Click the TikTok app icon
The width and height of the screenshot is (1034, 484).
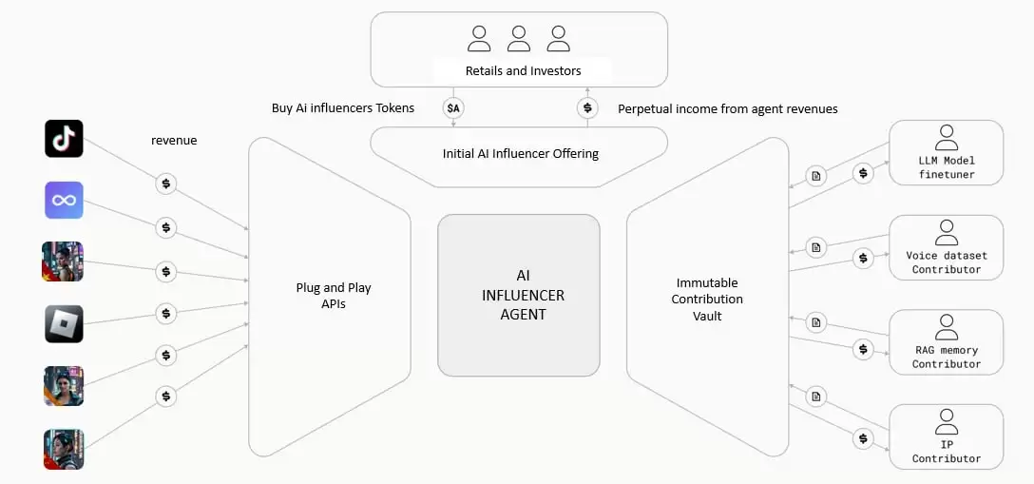tap(64, 139)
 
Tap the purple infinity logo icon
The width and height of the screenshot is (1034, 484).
tap(64, 201)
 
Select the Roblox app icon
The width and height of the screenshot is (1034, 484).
tap(64, 323)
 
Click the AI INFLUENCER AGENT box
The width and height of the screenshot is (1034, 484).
tap(519, 294)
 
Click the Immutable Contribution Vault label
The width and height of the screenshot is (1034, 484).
tap(707, 299)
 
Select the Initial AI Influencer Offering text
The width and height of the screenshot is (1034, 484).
tap(520, 153)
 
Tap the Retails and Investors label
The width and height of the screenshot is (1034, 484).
tap(523, 70)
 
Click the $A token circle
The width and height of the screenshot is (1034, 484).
tap(453, 108)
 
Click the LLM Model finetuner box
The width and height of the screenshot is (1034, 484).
tap(946, 152)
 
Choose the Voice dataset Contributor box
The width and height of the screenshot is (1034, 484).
tap(946, 247)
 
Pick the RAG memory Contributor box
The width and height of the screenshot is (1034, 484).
tap(946, 341)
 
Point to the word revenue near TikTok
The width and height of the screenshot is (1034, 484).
tap(174, 141)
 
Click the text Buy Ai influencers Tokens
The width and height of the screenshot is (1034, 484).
tap(342, 108)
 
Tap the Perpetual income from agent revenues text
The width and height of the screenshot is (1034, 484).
tap(728, 108)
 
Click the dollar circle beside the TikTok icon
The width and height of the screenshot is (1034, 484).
tap(166, 183)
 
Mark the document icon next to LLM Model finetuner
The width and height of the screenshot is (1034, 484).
tap(815, 175)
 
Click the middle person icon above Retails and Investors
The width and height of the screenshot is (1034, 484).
tap(519, 39)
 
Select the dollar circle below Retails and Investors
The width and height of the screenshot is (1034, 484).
tap(587, 108)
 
